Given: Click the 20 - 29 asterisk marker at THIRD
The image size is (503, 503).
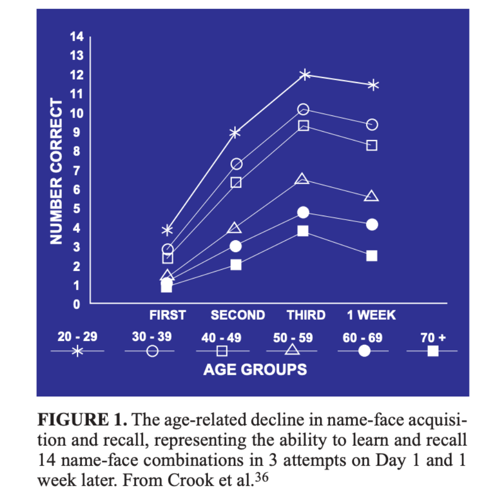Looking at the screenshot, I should tap(305, 75).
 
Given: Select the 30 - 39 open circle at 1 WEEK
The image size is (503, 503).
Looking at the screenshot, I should tap(372, 124).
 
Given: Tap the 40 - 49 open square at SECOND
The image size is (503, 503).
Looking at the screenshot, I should tap(236, 182).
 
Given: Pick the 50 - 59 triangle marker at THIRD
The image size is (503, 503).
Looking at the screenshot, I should tap(303, 179).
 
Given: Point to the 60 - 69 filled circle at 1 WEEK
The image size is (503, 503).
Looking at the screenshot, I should tap(372, 224).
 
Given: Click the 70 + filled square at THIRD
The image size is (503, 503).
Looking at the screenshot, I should tap(303, 231).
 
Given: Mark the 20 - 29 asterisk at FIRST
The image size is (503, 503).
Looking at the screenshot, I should tap(168, 229).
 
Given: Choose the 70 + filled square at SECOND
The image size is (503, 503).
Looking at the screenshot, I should tap(236, 265).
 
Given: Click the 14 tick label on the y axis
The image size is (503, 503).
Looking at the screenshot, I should tap(78, 37).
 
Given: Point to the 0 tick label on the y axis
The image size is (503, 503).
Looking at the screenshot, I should tap(78, 305).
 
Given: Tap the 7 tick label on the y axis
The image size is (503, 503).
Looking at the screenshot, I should tap(78, 170).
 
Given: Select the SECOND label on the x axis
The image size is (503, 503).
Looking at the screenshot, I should tap(238, 315).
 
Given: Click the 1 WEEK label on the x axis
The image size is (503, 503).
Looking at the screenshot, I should tap(371, 315).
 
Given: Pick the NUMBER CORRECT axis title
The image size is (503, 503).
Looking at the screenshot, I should tap(57, 171).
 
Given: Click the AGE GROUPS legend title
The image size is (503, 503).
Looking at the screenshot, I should tap(255, 369).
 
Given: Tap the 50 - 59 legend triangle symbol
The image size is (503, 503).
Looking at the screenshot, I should tap(293, 350).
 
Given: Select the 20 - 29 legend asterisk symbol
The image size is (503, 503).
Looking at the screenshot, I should tap(78, 351).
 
